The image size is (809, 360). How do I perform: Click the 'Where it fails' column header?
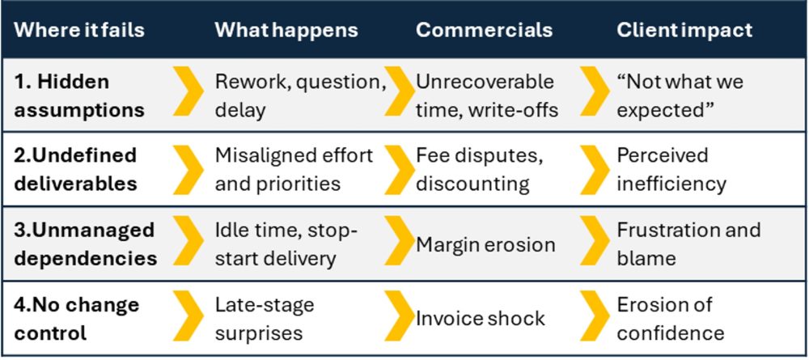click(x=79, y=30)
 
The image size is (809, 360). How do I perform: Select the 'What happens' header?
click(x=286, y=30)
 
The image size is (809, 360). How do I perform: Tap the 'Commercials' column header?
click(x=484, y=30)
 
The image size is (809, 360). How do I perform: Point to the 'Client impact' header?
click(x=684, y=30)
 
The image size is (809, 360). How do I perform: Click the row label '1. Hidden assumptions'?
click(x=79, y=96)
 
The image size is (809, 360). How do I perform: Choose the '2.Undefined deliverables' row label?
click(x=75, y=169)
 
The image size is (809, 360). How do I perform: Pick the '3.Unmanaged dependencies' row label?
click(x=85, y=244)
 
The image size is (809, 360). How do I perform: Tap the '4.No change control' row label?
click(x=76, y=318)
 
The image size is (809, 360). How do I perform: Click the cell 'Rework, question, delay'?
click(x=300, y=96)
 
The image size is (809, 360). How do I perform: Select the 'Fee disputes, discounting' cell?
click(x=479, y=169)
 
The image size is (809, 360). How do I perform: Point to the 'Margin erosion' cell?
click(x=485, y=244)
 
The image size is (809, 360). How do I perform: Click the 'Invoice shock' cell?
click(x=481, y=318)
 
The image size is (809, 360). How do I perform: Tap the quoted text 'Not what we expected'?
click(x=680, y=96)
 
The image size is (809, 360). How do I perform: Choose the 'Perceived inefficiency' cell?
click(x=671, y=169)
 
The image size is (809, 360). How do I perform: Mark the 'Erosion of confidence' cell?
click(x=671, y=318)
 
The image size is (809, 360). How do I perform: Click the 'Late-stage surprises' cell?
click(x=265, y=318)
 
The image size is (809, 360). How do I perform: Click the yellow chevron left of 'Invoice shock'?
click(x=400, y=316)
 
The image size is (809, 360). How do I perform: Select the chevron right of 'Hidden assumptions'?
click(x=188, y=91)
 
